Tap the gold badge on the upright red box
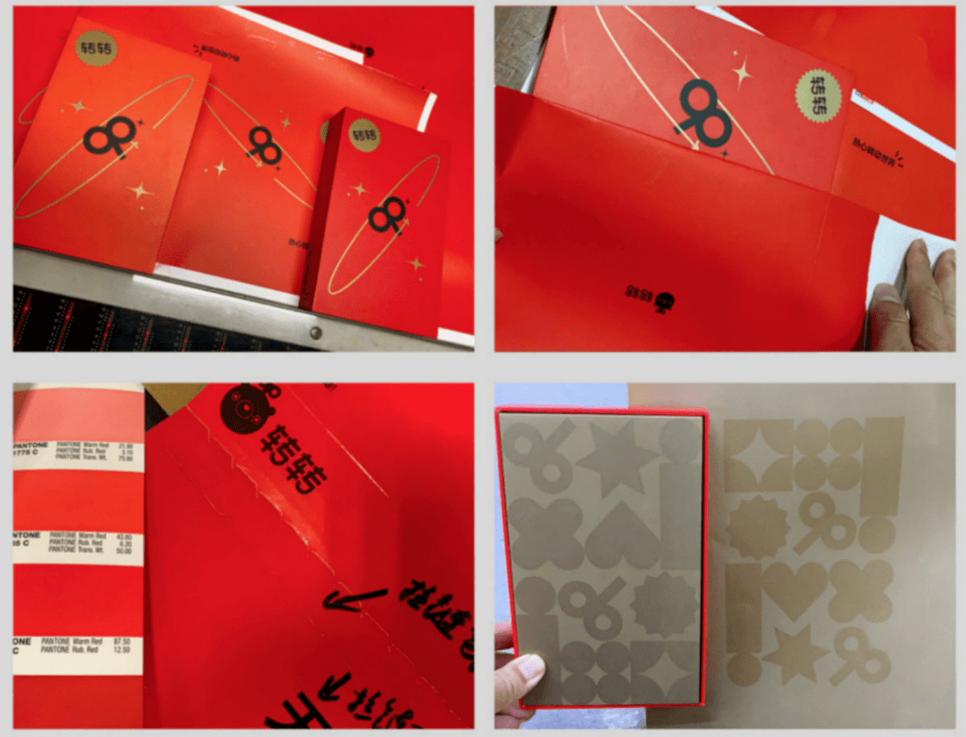tap(364, 135)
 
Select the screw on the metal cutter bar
tap(315, 331)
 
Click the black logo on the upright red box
tap(386, 215)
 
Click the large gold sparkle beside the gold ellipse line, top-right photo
tap(742, 73)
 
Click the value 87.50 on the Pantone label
tap(125, 641)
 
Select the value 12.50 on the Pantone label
tap(125, 650)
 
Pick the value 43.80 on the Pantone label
tap(125, 536)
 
